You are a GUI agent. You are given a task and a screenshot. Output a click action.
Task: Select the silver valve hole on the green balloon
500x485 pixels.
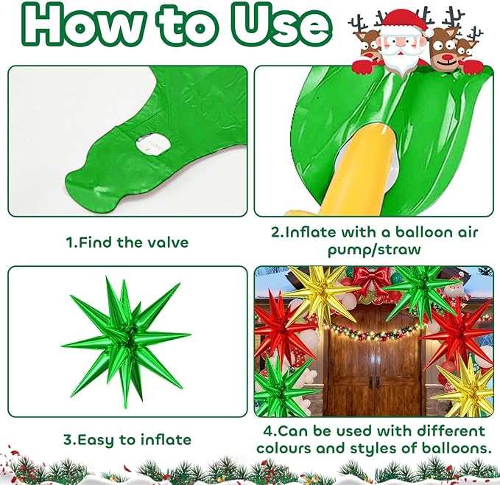coord(153,144)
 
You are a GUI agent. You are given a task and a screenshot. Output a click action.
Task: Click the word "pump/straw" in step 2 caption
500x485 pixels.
coord(374,250)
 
